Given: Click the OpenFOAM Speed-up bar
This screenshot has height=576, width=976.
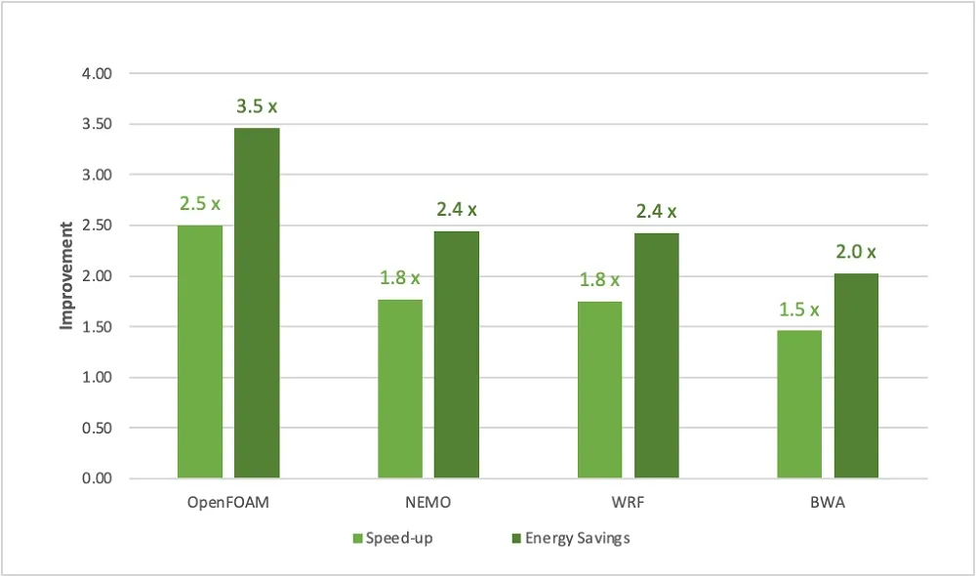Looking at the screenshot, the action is click(200, 351).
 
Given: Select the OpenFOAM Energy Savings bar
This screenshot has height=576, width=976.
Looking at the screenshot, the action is click(257, 304).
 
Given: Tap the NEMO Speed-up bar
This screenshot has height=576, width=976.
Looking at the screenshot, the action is click(400, 390).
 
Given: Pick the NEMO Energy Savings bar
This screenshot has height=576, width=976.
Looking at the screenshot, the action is click(457, 355).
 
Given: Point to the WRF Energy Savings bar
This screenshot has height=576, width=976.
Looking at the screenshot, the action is click(657, 356).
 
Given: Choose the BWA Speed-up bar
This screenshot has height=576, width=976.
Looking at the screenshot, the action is click(799, 404).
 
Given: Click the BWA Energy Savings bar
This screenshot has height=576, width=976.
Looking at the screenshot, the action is click(857, 376).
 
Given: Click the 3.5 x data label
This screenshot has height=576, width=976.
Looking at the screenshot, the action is click(257, 106).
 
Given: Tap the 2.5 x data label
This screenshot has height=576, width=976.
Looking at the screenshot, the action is click(200, 204).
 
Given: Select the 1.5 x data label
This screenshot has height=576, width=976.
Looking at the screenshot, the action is click(799, 309).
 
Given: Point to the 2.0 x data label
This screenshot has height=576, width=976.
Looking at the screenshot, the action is click(856, 252).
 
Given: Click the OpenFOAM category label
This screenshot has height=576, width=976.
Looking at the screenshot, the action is click(228, 503).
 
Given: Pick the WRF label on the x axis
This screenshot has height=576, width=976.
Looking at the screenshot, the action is click(628, 503).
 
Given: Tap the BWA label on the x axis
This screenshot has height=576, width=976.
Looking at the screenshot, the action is click(828, 503).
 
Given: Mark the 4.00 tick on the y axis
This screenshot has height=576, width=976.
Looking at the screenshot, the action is click(97, 73).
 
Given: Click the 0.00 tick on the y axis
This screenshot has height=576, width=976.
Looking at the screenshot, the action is click(97, 478).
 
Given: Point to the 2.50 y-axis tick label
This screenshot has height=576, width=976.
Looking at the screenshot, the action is click(97, 226).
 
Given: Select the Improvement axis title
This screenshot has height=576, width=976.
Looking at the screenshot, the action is click(66, 276).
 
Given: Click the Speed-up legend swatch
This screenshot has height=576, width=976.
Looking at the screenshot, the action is click(357, 538).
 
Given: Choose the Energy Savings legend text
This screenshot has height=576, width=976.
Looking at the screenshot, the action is click(578, 538).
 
